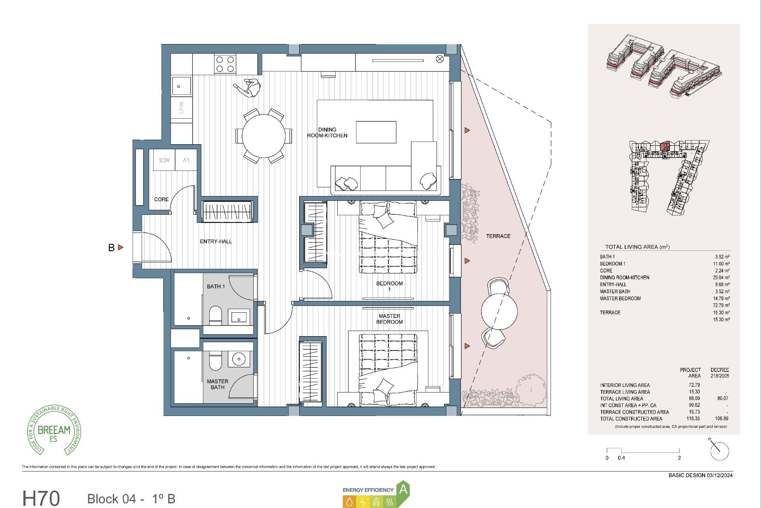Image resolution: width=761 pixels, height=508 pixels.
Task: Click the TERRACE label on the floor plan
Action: [498, 236]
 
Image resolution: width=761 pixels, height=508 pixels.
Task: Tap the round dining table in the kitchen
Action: [264, 136]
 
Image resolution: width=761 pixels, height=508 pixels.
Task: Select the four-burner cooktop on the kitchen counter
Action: [225, 64]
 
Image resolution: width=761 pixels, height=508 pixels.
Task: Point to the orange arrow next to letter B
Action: [120, 247]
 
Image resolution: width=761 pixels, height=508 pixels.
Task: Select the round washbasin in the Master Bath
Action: [239, 359]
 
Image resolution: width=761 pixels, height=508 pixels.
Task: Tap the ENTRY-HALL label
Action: [216, 241]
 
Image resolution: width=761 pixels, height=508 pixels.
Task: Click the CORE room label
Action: [161, 199]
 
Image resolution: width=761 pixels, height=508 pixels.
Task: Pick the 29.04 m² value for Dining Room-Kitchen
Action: [721, 278]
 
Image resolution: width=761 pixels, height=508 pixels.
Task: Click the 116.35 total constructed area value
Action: [693, 418]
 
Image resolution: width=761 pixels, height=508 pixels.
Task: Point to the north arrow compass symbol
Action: [719, 451]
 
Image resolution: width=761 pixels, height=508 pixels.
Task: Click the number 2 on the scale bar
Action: [679, 458]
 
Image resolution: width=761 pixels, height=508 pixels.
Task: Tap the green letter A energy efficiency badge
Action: [403, 489]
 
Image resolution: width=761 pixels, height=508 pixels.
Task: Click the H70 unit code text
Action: [41, 498]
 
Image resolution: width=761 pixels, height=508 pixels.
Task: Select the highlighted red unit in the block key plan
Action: [665, 146]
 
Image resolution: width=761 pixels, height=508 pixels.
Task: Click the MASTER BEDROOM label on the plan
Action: [389, 319]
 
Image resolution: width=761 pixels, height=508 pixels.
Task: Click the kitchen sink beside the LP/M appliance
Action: [182, 86]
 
